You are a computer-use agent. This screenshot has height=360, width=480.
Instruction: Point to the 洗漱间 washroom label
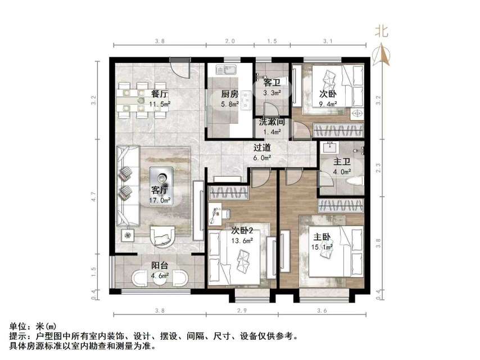coord(271,121)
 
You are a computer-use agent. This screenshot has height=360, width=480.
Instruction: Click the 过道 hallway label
coord(262,148)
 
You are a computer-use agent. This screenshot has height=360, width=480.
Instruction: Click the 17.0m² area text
coord(160,199)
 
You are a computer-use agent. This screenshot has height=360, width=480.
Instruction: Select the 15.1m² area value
coord(323,246)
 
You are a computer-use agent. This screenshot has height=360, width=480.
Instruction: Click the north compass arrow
coord(383,54)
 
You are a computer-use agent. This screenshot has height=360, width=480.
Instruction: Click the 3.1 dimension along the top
coord(328,41)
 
